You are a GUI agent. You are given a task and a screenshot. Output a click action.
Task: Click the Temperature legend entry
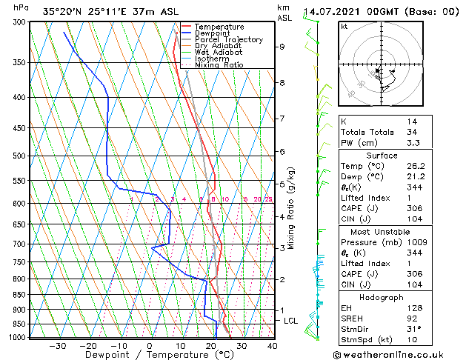(x=219, y=27)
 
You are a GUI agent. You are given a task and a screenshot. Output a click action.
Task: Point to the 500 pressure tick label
(x=20, y=156)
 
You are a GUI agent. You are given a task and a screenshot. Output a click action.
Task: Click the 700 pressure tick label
(x=20, y=244)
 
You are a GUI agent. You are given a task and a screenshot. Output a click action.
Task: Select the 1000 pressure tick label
(x=18, y=337)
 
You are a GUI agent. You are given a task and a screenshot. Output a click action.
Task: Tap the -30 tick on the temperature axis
(x=57, y=346)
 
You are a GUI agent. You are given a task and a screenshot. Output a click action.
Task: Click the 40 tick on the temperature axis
(x=273, y=346)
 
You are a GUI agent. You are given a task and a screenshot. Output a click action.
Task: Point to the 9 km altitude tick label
(x=282, y=47)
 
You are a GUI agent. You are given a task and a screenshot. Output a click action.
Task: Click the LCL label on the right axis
(x=290, y=321)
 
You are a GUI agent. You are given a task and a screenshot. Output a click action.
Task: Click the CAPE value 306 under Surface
(x=414, y=209)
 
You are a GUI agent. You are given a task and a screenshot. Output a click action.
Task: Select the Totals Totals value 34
(x=411, y=132)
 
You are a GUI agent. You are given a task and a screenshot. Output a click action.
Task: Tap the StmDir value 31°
(x=414, y=329)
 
